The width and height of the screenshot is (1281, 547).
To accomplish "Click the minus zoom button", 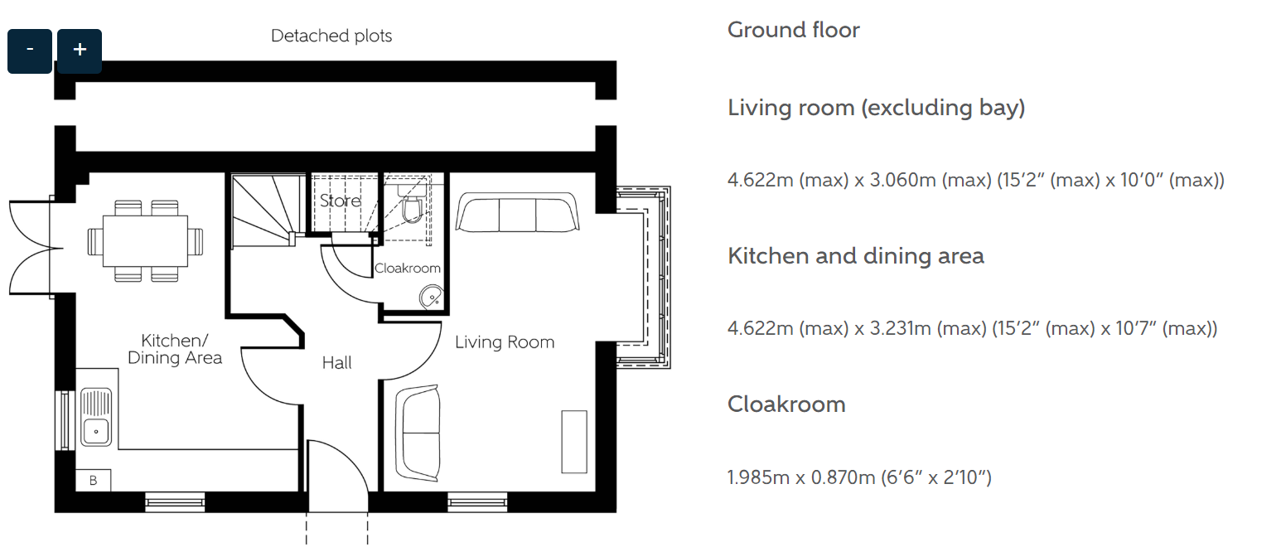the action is tap(30, 51).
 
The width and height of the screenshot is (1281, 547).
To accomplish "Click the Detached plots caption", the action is tap(331, 36).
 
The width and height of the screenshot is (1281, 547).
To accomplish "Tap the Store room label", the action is tap(341, 201).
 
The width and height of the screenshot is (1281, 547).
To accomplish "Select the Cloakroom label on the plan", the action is tap(407, 269).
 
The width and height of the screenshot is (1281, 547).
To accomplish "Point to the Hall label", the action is tap(337, 363).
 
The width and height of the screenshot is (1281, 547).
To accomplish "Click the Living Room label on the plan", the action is tap(505, 342).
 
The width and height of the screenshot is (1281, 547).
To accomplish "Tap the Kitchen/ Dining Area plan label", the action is tap(175, 349).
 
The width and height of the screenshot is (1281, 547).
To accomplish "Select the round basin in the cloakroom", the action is tap(431, 298).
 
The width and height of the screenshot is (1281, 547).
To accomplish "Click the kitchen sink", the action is tap(96, 417).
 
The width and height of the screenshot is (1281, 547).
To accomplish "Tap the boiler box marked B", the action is tap(93, 481).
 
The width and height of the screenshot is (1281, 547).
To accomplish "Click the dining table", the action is tap(145, 241).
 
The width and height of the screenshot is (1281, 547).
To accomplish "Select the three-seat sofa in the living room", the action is tap(517, 212).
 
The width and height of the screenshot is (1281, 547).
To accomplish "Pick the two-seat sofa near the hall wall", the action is tap(418, 433).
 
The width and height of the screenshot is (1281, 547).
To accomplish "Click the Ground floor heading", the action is tap(793, 31).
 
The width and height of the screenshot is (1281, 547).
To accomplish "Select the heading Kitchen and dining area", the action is tap(856, 256).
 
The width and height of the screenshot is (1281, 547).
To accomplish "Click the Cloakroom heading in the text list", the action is tap(786, 404).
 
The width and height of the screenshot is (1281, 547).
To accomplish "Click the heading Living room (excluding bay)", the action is tap(876, 108).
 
